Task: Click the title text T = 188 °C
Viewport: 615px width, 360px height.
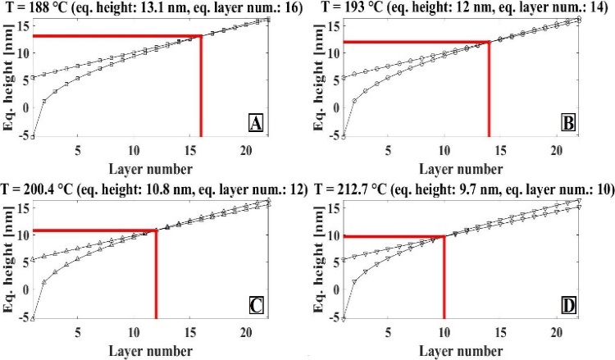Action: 44,7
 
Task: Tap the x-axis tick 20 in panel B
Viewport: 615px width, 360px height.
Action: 556,150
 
